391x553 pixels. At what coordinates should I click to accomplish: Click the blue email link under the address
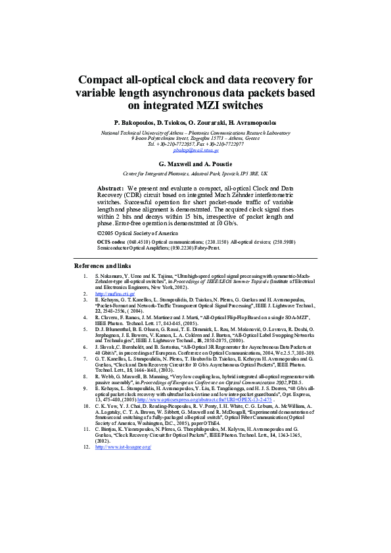point(195,150)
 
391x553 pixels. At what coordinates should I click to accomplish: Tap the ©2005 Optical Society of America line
point(137,233)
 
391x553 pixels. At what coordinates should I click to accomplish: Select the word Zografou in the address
point(198,139)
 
